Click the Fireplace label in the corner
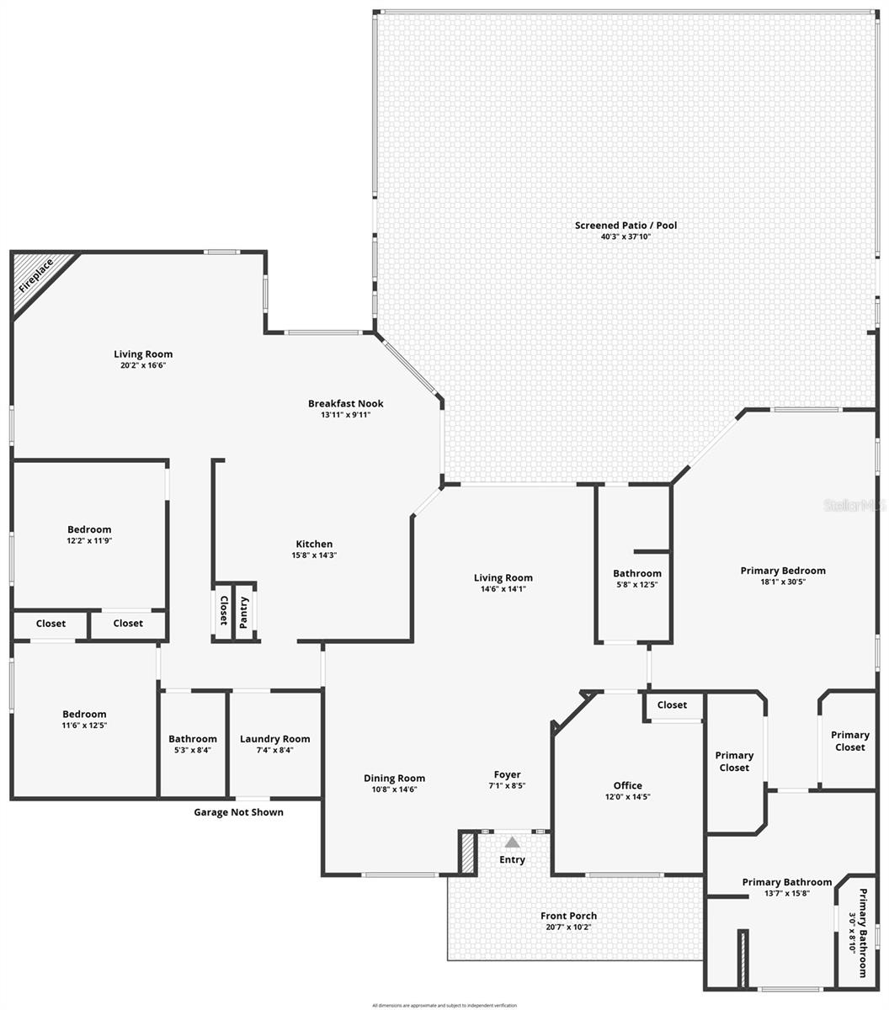(x=36, y=275)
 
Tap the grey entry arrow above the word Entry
(x=512, y=842)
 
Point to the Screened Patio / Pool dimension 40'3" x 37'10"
(x=625, y=237)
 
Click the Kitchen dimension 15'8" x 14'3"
(x=314, y=555)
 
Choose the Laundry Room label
(x=274, y=739)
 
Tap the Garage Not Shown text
(x=238, y=812)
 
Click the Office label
(x=627, y=785)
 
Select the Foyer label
(x=507, y=774)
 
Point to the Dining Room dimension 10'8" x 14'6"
(x=394, y=789)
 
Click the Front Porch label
(x=570, y=916)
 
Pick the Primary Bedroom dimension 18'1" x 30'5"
(x=783, y=582)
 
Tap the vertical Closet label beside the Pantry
(x=223, y=611)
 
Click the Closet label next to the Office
(x=672, y=705)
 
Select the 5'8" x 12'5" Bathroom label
(x=636, y=574)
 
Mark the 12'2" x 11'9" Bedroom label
(x=89, y=530)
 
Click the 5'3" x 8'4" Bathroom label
(x=193, y=739)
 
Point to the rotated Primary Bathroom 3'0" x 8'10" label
(x=857, y=933)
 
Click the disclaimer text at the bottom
(x=444, y=1005)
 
